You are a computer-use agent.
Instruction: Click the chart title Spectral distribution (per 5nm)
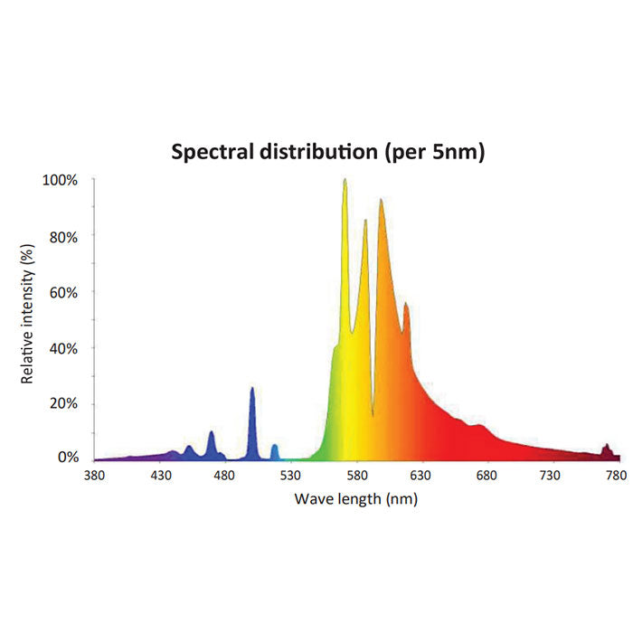pyautogui.click(x=328, y=152)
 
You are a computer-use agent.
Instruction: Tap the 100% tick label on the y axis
pyautogui.click(x=61, y=180)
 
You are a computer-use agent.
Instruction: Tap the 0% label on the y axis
pyautogui.click(x=67, y=458)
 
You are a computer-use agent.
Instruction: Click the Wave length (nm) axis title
pyautogui.click(x=355, y=498)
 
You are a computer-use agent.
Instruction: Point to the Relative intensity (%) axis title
pyautogui.click(x=28, y=313)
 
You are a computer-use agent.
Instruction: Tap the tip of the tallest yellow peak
pyautogui.click(x=345, y=179)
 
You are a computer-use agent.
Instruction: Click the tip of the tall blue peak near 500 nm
pyautogui.click(x=251, y=388)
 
